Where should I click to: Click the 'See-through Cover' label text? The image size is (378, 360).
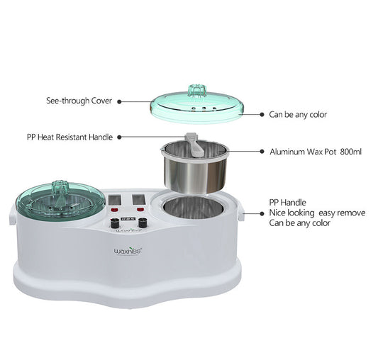click(74, 101)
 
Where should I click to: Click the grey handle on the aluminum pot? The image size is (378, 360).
click(190, 142)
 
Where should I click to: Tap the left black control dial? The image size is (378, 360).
click(113, 223)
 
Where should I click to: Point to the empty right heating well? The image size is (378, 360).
click(193, 210)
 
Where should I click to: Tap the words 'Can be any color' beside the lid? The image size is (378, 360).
click(298, 114)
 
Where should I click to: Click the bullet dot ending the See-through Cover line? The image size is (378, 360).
click(119, 101)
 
